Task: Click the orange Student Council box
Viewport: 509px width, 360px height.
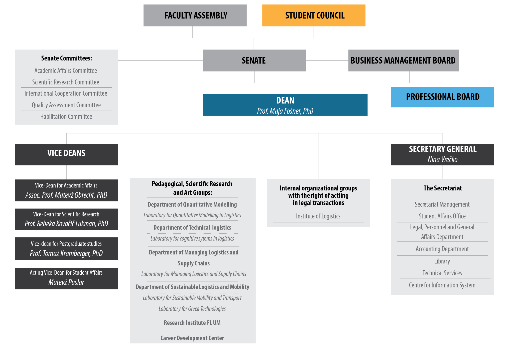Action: (313, 15)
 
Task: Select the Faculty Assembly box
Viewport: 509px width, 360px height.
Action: (195, 15)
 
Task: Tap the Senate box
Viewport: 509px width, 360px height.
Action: (254, 60)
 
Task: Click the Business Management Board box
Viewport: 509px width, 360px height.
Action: (403, 60)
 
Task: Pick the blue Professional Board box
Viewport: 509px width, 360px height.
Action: (442, 97)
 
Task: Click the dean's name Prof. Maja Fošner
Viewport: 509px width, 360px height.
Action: (285, 111)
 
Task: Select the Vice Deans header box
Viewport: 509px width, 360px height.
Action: (66, 154)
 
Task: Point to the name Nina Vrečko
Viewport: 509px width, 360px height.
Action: (442, 159)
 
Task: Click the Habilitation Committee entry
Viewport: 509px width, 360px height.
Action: (66, 117)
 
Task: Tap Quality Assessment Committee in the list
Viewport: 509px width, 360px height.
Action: (66, 105)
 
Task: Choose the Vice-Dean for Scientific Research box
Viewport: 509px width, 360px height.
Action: (66, 219)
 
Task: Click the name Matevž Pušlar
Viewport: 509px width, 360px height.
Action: (66, 282)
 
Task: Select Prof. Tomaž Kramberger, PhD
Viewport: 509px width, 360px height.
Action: (66, 253)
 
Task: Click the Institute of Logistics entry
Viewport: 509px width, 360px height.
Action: (318, 216)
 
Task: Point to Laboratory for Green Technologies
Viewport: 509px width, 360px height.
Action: (192, 309)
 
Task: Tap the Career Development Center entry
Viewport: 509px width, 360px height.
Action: (192, 338)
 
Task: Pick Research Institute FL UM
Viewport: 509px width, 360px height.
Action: (192, 323)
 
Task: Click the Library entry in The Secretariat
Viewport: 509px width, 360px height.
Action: (442, 261)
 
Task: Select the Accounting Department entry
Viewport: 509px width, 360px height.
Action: (442, 249)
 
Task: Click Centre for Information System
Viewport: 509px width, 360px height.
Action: (442, 285)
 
